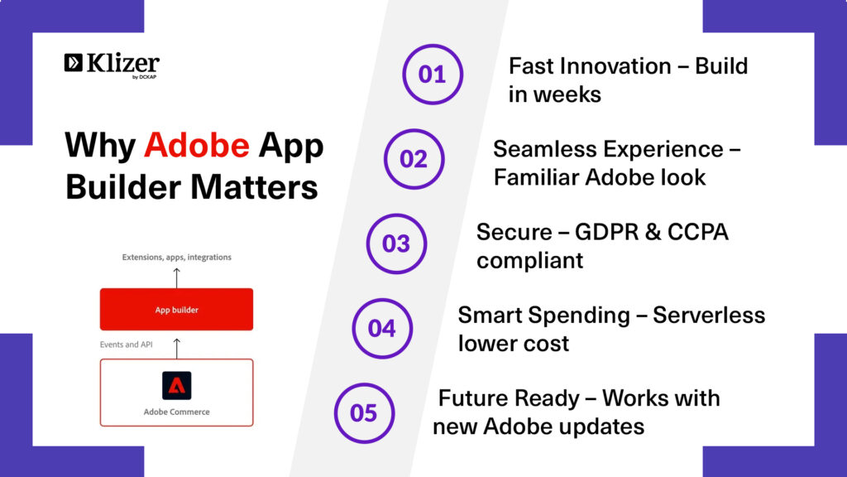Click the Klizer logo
pyautogui.click(x=112, y=65)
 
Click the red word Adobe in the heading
pyautogui.click(x=197, y=145)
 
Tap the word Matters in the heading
pyautogui.click(x=254, y=187)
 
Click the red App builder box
pyautogui.click(x=177, y=310)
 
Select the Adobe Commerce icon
pyautogui.click(x=177, y=385)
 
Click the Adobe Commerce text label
pyautogui.click(x=177, y=412)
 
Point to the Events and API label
pyautogui.click(x=127, y=344)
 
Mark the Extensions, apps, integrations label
pyautogui.click(x=177, y=258)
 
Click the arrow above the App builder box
pyautogui.click(x=177, y=278)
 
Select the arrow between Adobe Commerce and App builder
pyautogui.click(x=177, y=349)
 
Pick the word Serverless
pyautogui.click(x=709, y=316)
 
